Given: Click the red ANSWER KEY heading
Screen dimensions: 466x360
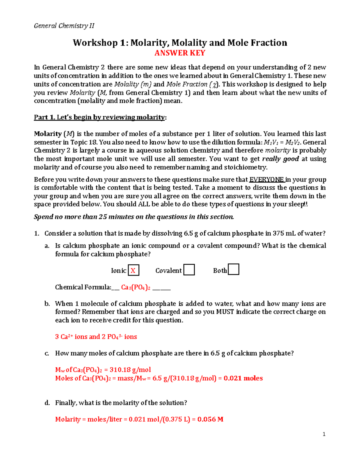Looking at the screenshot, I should pos(180,53).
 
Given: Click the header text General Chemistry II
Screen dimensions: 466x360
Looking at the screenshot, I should pos(64,26).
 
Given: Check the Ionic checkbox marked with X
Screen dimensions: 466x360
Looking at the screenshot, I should pos(133,270).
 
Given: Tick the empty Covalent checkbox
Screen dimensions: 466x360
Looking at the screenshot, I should pos(189,270).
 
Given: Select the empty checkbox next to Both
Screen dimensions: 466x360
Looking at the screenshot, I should pos(233,269).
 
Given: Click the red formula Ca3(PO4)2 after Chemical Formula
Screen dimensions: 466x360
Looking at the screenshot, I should pos(136,287).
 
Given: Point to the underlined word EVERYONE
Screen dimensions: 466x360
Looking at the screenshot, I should pos(266,180).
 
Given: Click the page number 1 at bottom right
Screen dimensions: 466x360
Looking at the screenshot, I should pos(324,434).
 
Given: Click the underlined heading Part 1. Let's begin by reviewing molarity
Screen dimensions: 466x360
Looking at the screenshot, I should pos(100,117).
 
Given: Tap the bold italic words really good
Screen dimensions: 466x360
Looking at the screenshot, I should pos(280,159).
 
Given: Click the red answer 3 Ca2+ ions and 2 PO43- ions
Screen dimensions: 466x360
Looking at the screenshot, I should pos(96,337).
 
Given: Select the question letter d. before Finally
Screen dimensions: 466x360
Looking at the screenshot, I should pos(47,403).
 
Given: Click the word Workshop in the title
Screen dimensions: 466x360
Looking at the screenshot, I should pos(95,43).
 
